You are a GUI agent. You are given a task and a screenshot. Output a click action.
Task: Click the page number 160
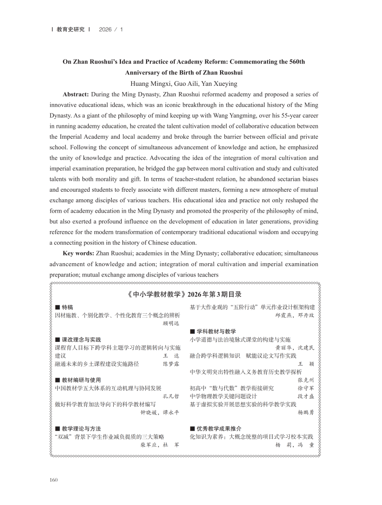[53, 479]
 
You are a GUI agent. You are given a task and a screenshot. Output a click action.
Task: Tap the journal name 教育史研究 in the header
[70, 29]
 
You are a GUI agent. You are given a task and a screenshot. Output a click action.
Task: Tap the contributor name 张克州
[306, 380]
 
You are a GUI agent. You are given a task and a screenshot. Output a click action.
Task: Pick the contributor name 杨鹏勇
[306, 412]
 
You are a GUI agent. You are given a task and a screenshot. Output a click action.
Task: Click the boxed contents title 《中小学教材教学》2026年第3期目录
[185, 294]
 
